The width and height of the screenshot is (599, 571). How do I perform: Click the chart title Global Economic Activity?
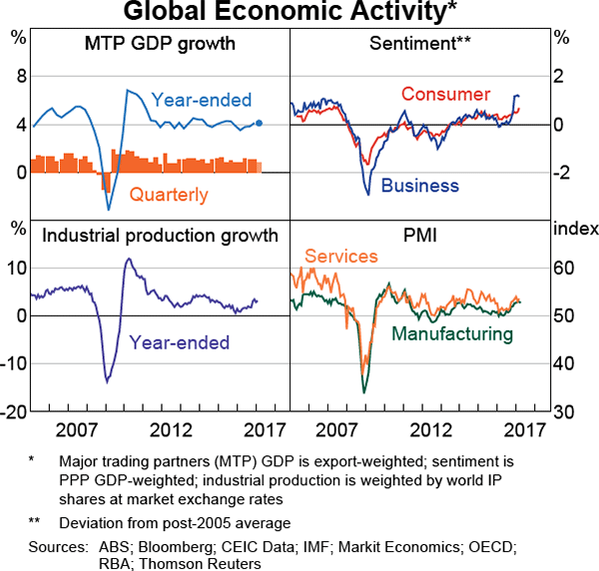pyautogui.click(x=299, y=13)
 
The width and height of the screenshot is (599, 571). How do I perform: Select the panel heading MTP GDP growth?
pyautogui.click(x=160, y=44)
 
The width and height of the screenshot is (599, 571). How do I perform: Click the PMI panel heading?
pyautogui.click(x=419, y=236)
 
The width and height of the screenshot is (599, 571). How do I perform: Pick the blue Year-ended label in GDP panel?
pyautogui.click(x=202, y=100)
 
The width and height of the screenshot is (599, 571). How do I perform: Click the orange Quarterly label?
pyautogui.click(x=169, y=195)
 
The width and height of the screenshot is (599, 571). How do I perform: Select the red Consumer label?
pyautogui.click(x=445, y=95)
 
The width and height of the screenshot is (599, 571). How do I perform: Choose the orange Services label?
pyautogui.click(x=341, y=257)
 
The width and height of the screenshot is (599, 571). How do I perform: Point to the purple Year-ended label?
pyautogui.click(x=179, y=341)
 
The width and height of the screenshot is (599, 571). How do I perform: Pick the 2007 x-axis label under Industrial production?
pyautogui.click(x=77, y=431)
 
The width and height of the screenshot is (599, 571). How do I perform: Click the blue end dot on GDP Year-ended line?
pyautogui.click(x=260, y=124)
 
